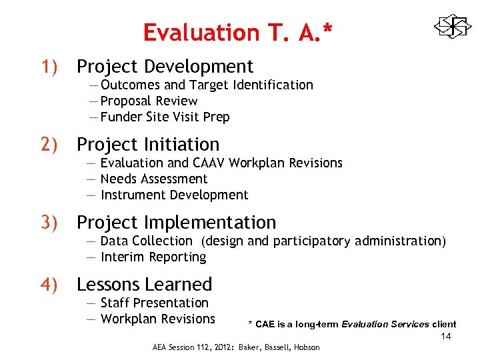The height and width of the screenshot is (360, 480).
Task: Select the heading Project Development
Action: coord(165,67)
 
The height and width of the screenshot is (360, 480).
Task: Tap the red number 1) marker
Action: coord(52,67)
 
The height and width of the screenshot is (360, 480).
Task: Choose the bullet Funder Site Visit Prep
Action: coord(165,117)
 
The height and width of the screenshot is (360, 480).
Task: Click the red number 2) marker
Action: coord(52,145)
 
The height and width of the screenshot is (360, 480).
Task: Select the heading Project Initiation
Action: coord(147,145)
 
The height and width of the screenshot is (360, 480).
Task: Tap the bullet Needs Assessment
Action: coord(153,179)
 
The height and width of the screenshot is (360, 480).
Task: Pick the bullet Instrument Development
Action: coord(173,195)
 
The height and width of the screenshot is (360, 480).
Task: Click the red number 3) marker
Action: coord(52,223)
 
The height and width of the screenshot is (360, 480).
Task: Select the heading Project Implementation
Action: coord(176,223)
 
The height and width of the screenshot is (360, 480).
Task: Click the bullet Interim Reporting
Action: coord(153,257)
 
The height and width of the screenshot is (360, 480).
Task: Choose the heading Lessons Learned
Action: coord(144,285)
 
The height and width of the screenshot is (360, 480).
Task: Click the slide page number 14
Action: coord(445,336)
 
